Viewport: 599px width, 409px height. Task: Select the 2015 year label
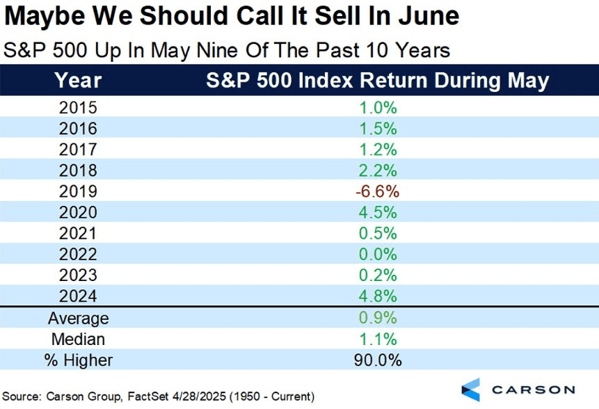click(79, 108)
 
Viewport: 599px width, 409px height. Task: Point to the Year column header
click(79, 80)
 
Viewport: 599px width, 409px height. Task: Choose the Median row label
click(79, 339)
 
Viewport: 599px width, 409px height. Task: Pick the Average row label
click(79, 318)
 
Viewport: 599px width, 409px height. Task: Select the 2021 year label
click(79, 234)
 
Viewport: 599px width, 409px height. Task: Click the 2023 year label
click(79, 275)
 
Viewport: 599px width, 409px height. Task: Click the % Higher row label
click(79, 360)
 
